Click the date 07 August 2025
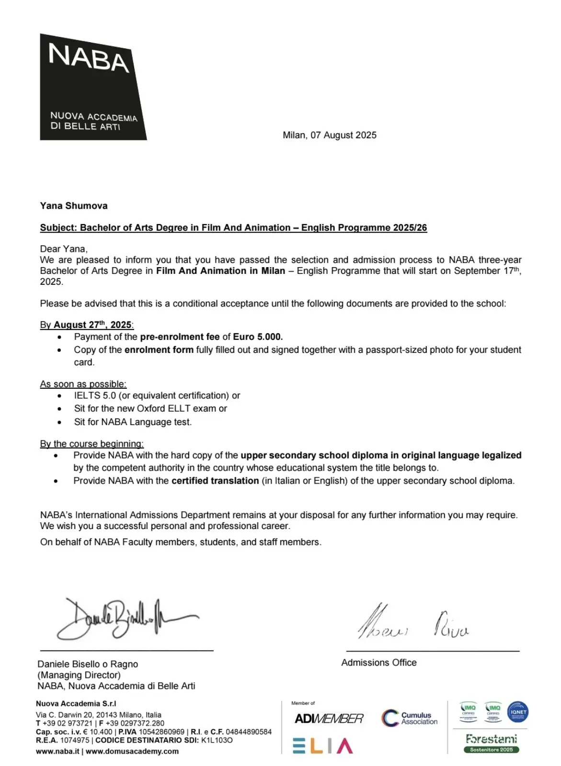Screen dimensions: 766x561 tap(343, 135)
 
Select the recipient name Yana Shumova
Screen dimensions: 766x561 tap(74, 206)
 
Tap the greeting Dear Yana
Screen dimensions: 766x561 tap(63, 249)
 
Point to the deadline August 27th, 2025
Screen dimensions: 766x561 tap(92, 325)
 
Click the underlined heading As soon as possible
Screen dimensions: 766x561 tap(83, 384)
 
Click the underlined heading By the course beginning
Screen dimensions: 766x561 tap(92, 444)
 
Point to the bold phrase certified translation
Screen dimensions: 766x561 tap(215, 481)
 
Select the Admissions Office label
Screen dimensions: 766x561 tap(379, 663)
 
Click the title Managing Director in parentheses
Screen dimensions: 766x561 tap(79, 675)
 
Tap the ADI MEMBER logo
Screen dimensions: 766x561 tap(329, 719)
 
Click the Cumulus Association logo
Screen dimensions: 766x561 tap(410, 718)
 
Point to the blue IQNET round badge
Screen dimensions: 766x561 tap(518, 712)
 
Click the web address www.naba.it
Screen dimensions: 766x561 tap(57, 751)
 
